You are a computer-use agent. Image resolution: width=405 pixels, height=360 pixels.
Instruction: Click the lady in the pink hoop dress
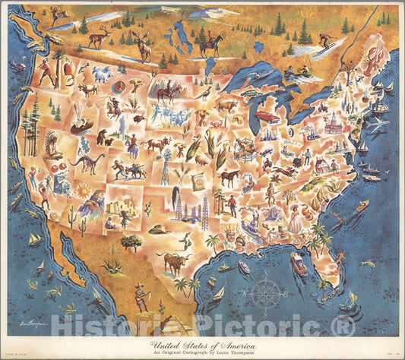pyautogui.click(x=295, y=219)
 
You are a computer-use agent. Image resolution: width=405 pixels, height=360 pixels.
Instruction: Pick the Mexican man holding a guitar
pyautogui.click(x=141, y=298)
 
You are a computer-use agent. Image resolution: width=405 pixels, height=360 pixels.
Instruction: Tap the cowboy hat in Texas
pyautogui.click(x=157, y=229)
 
